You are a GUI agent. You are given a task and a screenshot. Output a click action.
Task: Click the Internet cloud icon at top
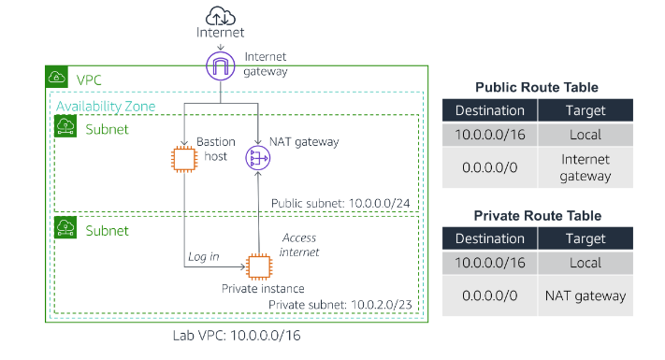[220, 14]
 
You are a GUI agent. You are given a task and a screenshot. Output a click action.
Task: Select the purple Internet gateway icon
[221, 65]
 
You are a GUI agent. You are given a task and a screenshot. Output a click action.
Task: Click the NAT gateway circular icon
[257, 158]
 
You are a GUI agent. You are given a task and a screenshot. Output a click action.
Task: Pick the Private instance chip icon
[257, 266]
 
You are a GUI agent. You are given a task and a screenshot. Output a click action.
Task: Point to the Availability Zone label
[104, 107]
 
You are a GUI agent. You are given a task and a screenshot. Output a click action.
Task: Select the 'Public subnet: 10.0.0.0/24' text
[342, 203]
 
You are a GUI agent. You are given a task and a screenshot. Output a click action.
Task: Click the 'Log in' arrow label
[204, 256]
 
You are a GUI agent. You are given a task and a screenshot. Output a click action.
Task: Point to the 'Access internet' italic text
[301, 245]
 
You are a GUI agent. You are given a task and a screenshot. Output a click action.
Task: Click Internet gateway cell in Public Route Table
[585, 168]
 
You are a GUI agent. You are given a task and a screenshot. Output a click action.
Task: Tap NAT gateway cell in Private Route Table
[585, 295]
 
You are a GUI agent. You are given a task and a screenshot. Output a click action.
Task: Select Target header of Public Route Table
[585, 110]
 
